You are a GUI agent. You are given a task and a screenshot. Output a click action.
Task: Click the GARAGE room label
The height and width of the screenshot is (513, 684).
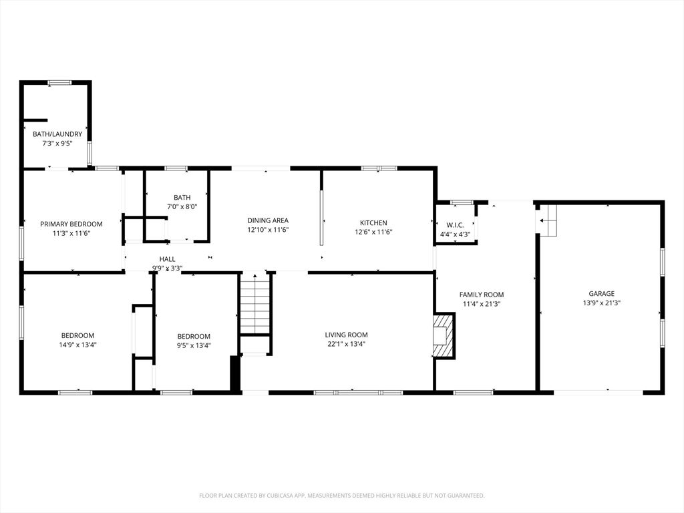click(602, 294)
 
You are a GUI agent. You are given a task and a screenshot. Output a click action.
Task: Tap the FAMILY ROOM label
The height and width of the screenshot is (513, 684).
click(482, 295)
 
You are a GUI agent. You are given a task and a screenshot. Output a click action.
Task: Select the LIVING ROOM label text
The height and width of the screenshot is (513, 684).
click(347, 335)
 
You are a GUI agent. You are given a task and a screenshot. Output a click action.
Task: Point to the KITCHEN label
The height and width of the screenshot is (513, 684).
click(373, 222)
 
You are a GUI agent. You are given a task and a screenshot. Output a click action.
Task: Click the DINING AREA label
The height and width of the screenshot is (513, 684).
click(268, 220)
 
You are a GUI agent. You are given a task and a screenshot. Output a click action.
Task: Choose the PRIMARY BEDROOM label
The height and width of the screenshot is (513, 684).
click(71, 224)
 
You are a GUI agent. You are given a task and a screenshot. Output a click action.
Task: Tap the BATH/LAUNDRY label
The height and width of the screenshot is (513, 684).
click(57, 134)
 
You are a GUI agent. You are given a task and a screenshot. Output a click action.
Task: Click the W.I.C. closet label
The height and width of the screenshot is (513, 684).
click(455, 225)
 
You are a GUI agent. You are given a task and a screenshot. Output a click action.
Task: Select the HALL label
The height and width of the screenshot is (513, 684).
click(167, 259)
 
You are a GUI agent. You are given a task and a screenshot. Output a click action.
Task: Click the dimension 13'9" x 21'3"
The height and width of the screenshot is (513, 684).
click(602, 303)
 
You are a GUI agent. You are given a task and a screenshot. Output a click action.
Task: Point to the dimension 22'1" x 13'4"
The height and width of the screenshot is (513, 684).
click(347, 344)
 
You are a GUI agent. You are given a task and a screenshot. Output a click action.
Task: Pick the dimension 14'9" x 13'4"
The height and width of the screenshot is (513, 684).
click(77, 345)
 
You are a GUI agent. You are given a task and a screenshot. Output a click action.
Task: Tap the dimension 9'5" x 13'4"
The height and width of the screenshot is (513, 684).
click(194, 345)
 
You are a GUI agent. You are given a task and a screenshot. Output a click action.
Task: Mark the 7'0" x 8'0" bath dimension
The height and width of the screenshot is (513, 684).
click(182, 207)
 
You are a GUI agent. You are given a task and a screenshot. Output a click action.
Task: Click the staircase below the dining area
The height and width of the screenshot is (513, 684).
click(254, 304)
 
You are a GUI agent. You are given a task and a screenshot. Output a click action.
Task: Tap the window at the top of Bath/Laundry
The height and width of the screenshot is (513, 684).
click(59, 82)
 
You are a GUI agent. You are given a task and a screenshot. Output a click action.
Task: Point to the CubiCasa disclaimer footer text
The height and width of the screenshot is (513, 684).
click(342, 496)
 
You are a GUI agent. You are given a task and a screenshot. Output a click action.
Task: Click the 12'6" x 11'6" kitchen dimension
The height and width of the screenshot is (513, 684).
click(373, 232)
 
